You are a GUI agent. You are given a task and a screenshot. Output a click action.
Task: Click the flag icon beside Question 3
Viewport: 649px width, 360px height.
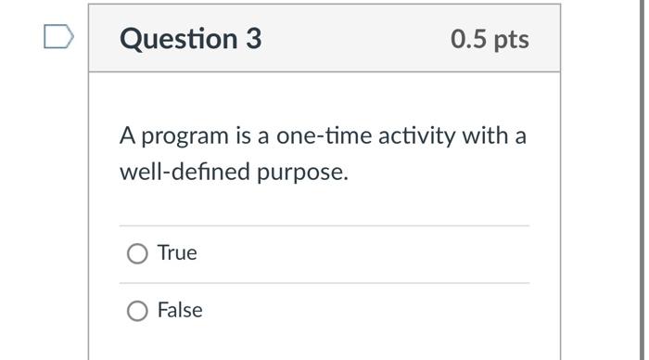[57, 37]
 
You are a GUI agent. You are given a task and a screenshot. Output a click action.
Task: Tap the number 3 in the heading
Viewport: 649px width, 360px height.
[253, 39]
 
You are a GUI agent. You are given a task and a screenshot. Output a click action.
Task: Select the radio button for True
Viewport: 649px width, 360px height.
[137, 253]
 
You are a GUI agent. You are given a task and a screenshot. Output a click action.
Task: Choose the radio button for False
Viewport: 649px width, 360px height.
[137, 311]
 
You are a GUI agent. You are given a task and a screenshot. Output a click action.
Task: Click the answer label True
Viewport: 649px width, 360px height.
[177, 252]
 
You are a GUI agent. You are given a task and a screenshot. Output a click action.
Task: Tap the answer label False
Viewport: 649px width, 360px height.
[180, 310]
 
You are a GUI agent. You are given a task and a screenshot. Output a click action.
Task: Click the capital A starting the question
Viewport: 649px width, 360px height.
[128, 136]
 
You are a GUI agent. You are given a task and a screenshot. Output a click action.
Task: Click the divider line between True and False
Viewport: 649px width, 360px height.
[324, 283]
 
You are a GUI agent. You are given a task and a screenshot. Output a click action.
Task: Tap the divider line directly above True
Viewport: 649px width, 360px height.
[324, 225]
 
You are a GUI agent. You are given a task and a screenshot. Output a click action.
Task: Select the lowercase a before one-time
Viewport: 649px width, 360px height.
[263, 137]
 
